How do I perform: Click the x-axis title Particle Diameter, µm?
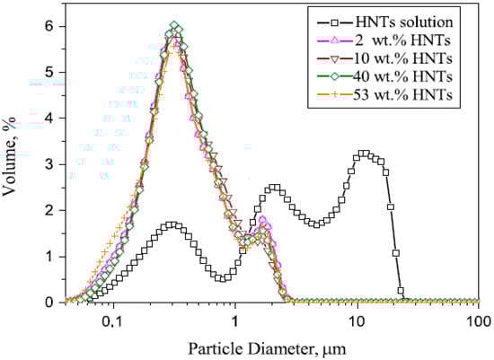coord(269,347)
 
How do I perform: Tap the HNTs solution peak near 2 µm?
coord(274,188)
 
